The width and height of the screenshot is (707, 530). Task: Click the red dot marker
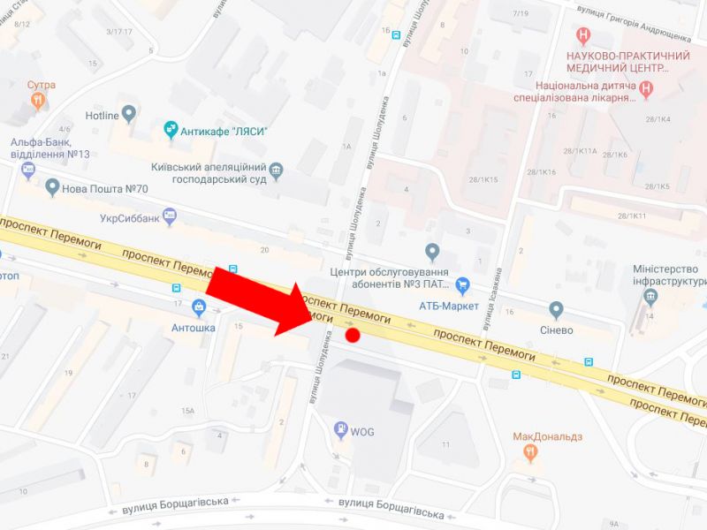click(353, 335)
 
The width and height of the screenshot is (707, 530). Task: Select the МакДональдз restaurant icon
click(530, 453)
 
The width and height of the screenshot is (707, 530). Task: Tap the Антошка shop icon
click(198, 307)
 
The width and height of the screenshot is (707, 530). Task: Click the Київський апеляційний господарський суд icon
click(276, 169)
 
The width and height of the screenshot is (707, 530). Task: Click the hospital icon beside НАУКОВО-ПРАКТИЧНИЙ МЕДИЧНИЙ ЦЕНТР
click(582, 35)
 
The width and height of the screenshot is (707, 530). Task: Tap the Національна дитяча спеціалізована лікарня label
click(574, 91)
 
